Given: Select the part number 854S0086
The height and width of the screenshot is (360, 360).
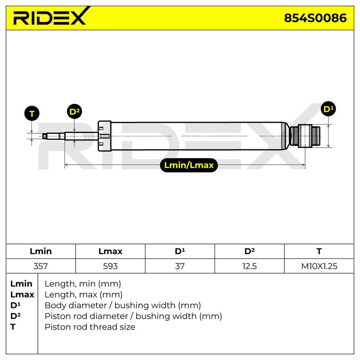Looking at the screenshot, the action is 315,18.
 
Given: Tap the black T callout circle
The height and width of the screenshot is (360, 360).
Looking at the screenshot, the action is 31,113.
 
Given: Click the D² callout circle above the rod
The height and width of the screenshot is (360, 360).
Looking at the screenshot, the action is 74,112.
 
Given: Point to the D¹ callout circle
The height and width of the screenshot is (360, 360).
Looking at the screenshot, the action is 328,109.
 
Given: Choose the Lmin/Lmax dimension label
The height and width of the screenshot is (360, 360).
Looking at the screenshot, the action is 189,165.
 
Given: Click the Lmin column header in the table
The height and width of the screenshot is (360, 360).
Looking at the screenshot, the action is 40,251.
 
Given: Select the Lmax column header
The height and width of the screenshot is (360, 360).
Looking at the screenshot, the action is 110,251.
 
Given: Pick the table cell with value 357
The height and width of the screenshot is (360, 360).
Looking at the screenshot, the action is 40,266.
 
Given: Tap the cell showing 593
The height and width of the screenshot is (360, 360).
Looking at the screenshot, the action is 110,266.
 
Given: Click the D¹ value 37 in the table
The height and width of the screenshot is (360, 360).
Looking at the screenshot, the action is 180,266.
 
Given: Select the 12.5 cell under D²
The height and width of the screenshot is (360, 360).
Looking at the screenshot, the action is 249,266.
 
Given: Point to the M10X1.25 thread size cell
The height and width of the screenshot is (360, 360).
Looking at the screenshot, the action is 319,266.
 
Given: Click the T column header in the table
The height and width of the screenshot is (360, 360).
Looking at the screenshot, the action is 319,251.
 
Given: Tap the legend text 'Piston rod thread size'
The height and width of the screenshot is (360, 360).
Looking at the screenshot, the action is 90,327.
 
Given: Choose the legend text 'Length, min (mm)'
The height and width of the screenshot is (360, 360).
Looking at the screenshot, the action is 83,284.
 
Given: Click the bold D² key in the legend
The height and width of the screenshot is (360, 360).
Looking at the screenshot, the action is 15,316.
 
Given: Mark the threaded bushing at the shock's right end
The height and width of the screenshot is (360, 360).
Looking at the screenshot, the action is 305,136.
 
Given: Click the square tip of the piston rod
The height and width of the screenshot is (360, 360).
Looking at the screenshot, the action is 45,136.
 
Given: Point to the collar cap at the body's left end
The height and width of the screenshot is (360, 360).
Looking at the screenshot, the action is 104,136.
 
